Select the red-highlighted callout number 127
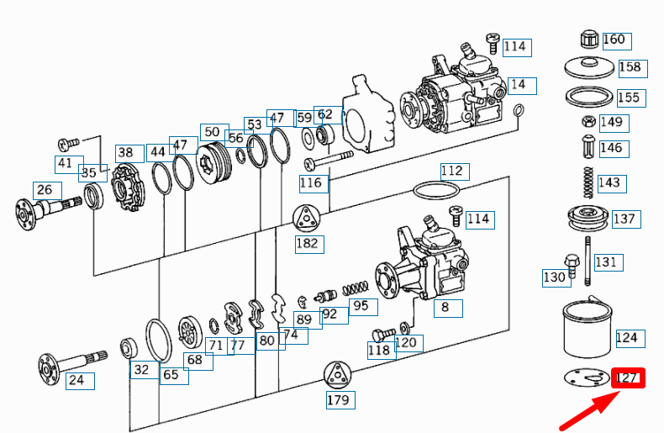[x=627, y=378]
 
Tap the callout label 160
[x=614, y=40]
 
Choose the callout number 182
[x=308, y=244]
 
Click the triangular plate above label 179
[x=337, y=375]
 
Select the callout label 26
[x=44, y=190]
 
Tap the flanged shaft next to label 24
[x=71, y=362]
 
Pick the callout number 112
[x=452, y=172]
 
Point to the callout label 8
[x=446, y=307]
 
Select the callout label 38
[x=125, y=152]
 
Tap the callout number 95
[x=360, y=305]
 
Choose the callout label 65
[x=171, y=375]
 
